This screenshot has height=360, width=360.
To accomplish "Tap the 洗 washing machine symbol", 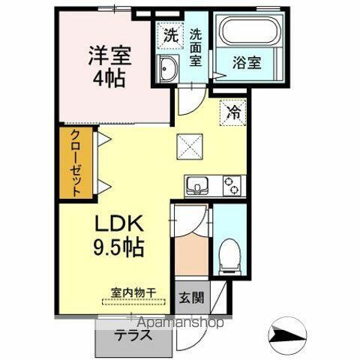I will click(170, 34).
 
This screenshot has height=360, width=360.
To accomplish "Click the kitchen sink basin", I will click(198, 184).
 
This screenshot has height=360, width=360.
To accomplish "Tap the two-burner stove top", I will click(233, 184).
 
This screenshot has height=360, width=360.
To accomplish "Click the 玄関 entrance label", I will click(190, 298).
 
